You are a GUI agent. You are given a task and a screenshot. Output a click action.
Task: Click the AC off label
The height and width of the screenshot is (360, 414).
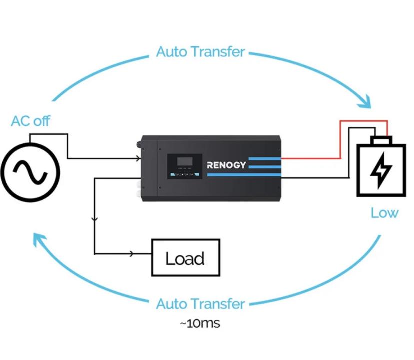click(x=30, y=121)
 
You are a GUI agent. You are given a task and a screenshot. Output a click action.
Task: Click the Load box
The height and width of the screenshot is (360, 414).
click(x=185, y=258)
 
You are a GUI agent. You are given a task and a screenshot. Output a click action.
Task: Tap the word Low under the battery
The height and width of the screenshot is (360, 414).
click(x=384, y=213)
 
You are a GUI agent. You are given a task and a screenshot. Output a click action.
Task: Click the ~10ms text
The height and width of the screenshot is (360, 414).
click(x=200, y=323)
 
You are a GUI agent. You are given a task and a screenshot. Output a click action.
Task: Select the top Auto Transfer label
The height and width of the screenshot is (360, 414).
click(x=200, y=52)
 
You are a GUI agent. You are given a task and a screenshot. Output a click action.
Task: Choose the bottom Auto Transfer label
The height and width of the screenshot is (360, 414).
click(x=200, y=304)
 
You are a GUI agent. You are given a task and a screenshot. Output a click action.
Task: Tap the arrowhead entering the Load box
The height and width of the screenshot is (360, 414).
click(x=132, y=254)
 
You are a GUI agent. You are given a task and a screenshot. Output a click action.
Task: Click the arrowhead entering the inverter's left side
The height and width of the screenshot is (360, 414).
click(x=138, y=159)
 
